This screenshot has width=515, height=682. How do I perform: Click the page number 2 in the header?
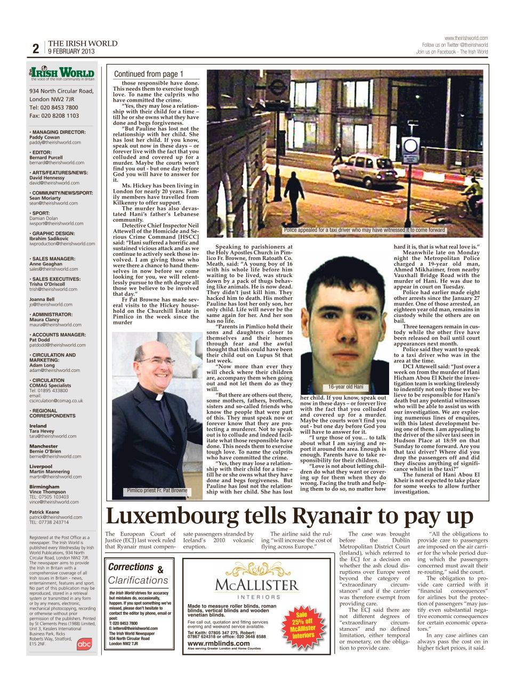(36, 48)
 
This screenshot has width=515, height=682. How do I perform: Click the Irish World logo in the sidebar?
(62, 73)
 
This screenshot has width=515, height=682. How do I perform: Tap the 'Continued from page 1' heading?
(149, 74)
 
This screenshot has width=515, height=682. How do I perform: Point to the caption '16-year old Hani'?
(345, 387)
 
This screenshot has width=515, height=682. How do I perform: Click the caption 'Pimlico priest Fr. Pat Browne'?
(157, 490)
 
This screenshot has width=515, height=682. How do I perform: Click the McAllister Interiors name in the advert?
(257, 585)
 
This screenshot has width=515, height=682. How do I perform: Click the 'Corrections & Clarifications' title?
(138, 574)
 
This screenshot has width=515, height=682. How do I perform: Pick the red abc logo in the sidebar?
(84, 644)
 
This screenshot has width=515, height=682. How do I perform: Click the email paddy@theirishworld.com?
(55, 142)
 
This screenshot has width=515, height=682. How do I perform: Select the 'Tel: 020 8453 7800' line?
(54, 107)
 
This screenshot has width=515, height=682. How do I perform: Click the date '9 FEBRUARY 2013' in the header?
(71, 52)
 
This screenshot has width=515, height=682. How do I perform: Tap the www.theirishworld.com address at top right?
(466, 38)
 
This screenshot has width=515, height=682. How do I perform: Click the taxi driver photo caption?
(364, 230)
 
